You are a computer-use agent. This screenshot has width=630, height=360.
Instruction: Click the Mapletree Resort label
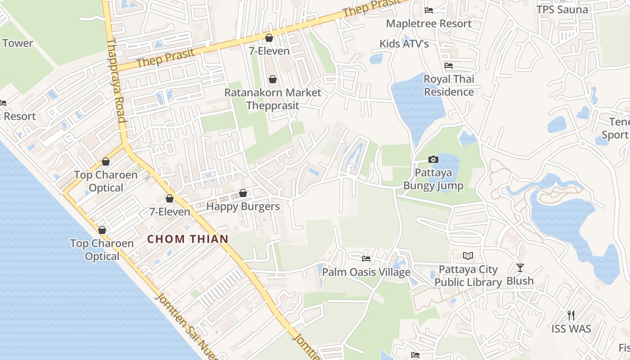(x=429, y=23)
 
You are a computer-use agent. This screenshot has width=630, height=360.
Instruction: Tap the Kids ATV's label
(x=404, y=44)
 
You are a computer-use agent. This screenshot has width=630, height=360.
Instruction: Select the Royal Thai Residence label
(x=449, y=85)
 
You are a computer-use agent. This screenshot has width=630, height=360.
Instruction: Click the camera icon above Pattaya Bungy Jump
(x=433, y=159)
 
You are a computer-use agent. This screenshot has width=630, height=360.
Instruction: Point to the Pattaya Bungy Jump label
(x=433, y=179)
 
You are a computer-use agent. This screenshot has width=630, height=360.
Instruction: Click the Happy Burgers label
(x=243, y=207)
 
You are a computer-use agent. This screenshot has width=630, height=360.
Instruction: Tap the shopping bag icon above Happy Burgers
(x=243, y=193)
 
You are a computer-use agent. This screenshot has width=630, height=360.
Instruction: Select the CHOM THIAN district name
(x=188, y=239)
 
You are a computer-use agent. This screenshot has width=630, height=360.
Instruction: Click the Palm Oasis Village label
(x=366, y=272)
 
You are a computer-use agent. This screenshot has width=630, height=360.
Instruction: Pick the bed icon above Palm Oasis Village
(x=366, y=259)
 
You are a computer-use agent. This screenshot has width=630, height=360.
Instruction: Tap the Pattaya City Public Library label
(x=468, y=276)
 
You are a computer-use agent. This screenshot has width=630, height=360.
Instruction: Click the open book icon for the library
(x=468, y=256)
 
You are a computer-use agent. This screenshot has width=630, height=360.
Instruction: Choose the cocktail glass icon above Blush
(x=520, y=268)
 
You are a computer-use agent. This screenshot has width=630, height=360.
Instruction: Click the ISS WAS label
(x=571, y=328)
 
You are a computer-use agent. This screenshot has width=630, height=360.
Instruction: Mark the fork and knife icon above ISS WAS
(x=571, y=315)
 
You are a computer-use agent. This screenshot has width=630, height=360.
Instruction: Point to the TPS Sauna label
(x=562, y=9)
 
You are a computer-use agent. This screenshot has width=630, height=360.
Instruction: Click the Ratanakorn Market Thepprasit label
(x=273, y=99)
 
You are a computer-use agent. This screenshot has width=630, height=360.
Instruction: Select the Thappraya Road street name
(x=115, y=81)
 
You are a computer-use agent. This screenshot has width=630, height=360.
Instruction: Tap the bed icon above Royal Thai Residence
(x=449, y=66)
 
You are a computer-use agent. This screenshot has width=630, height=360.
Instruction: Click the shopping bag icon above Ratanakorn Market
(x=273, y=80)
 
